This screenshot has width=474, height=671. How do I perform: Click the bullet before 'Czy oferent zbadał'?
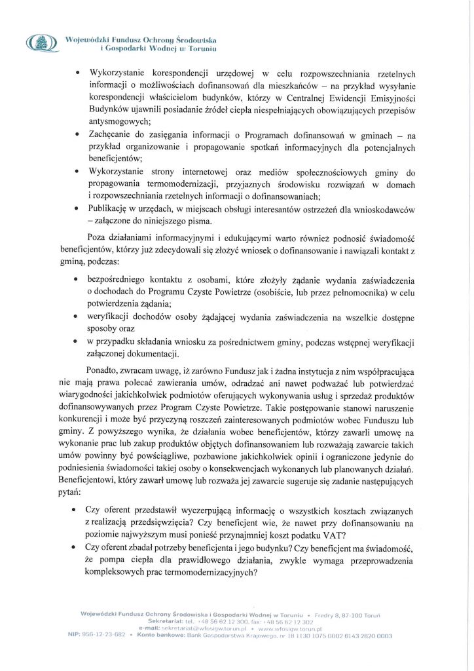pyautogui.click(x=79, y=546)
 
